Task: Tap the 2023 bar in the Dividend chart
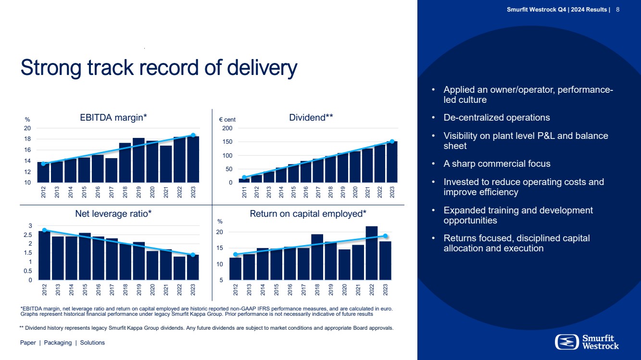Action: [392, 162]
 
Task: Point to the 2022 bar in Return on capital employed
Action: [371, 253]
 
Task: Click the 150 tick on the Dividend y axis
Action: [226, 142]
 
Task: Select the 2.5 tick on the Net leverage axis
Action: [28, 235]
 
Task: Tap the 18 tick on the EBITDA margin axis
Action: [28, 139]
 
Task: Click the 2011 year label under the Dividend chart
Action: [244, 193]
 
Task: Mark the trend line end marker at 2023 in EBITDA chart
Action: [193, 135]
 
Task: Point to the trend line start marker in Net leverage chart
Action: [44, 230]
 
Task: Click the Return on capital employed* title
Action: [308, 213]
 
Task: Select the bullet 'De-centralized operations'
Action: [497, 118]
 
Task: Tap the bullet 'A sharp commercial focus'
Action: [497, 164]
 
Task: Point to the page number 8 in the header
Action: [617, 10]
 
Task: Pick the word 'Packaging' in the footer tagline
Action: [58, 343]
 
